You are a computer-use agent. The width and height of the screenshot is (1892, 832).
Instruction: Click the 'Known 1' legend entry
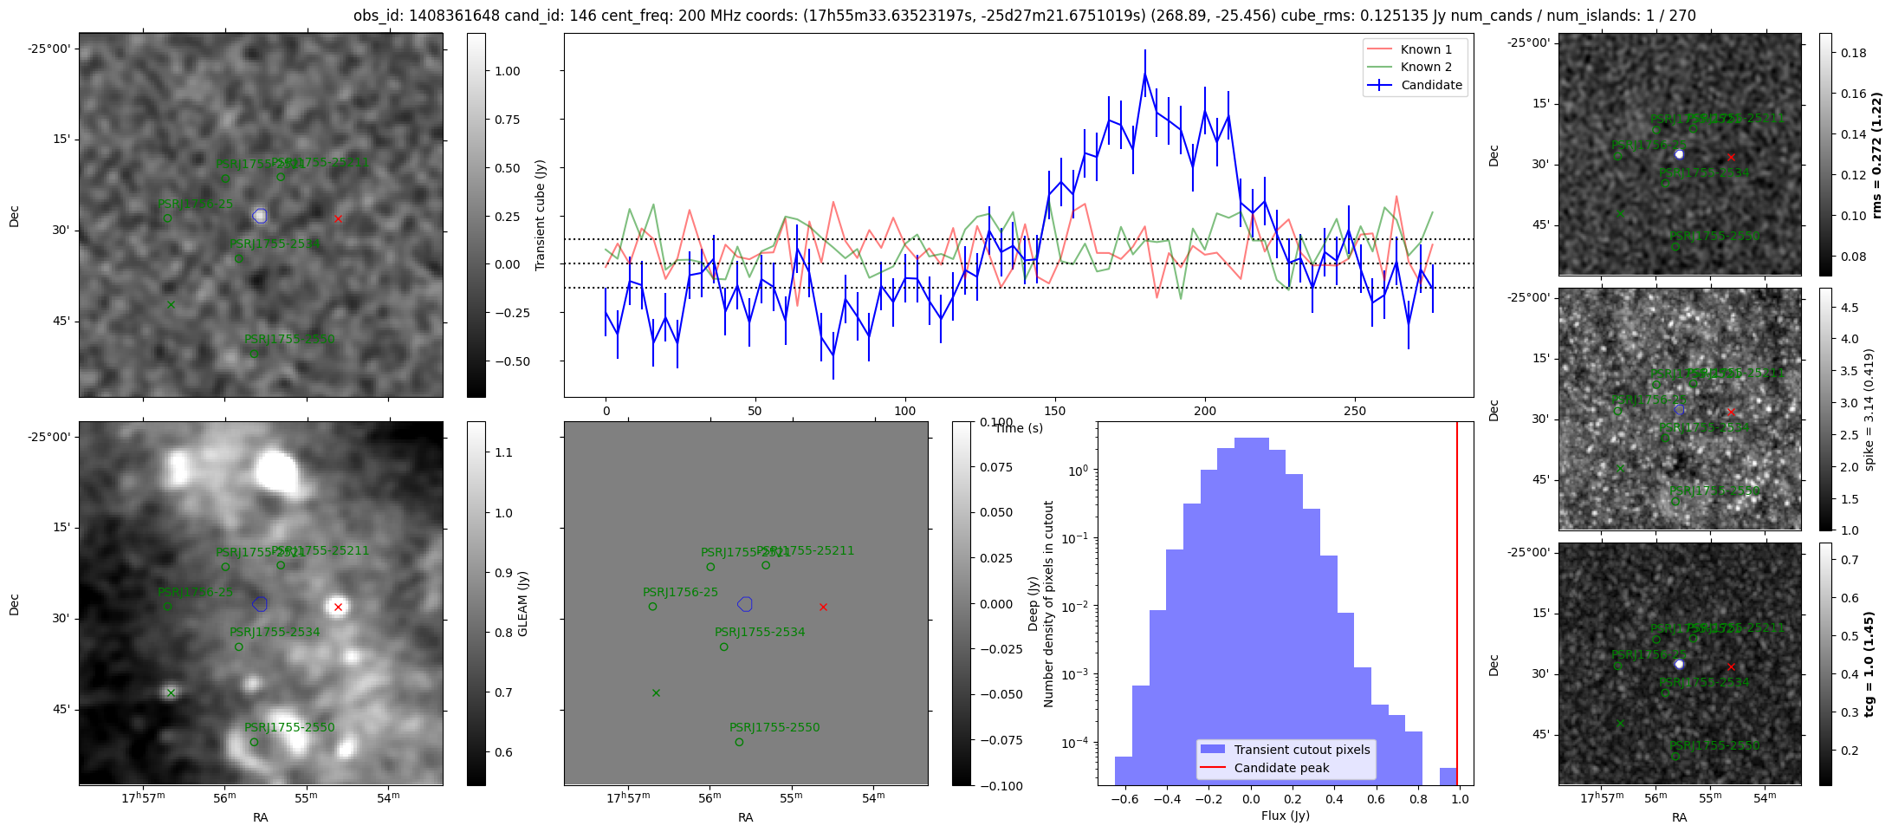[1425, 49]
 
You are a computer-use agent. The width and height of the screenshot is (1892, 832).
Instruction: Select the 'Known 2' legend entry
[1425, 67]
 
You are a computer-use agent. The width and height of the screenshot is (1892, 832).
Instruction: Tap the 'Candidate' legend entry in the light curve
[1431, 85]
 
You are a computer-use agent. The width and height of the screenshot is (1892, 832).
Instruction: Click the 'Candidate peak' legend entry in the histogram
[1281, 768]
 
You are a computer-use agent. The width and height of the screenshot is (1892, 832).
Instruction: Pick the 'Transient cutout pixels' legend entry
[1301, 750]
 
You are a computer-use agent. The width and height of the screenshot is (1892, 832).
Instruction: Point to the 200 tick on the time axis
[1205, 411]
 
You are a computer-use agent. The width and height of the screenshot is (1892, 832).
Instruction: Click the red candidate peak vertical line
[1457, 607]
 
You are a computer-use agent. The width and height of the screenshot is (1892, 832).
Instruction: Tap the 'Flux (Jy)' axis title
[1286, 816]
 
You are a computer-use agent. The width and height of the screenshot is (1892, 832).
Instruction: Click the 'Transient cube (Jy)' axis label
[541, 215]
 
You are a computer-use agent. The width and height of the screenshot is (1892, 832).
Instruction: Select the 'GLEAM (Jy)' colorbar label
[523, 604]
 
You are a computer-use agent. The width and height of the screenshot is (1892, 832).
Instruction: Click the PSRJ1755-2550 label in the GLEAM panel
[289, 728]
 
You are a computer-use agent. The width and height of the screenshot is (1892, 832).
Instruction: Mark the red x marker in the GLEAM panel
[338, 607]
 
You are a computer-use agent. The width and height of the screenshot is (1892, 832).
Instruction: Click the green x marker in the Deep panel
[656, 692]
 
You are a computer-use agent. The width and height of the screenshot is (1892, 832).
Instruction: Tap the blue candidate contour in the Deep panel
[745, 604]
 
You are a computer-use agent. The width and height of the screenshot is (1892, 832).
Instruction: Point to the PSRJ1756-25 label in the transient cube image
[195, 205]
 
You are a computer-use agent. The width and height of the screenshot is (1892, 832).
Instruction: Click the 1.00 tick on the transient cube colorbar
[508, 71]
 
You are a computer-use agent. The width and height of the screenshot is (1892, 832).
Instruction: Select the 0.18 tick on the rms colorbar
[1853, 53]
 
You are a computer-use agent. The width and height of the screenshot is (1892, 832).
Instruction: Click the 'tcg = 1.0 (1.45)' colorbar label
[1869, 665]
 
